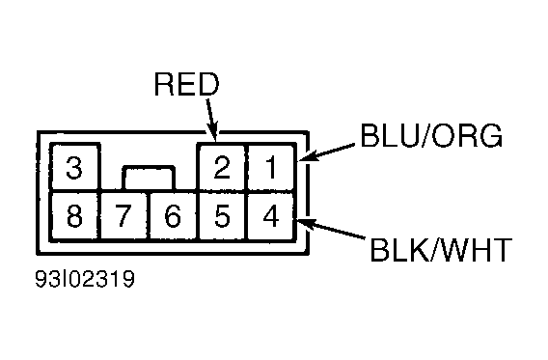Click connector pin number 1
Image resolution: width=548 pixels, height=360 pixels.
(x=271, y=167)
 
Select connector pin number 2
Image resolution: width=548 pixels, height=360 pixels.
(x=222, y=167)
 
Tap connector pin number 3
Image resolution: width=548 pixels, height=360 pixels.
(x=75, y=167)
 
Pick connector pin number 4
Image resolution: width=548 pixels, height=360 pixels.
(x=271, y=215)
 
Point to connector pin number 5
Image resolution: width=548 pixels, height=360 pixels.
(x=222, y=215)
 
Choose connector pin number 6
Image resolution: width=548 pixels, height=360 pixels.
(x=174, y=215)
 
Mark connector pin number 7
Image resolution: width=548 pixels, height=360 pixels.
(x=124, y=215)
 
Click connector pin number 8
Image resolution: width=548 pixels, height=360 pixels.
(x=75, y=215)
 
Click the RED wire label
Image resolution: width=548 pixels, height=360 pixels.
(x=186, y=84)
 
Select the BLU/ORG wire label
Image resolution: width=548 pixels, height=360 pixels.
(x=431, y=136)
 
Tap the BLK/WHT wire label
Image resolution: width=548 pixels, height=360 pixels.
(x=441, y=250)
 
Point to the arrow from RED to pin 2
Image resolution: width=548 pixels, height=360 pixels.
(x=212, y=121)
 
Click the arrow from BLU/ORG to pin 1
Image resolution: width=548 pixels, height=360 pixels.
(x=326, y=152)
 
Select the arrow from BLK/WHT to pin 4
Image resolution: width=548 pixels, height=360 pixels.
(x=331, y=229)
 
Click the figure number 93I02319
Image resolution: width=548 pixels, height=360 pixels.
(x=85, y=279)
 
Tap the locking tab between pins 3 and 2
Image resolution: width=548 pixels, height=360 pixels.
(x=149, y=179)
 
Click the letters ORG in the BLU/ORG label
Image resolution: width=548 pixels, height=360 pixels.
(x=467, y=136)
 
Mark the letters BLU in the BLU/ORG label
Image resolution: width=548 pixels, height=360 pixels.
(x=389, y=136)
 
